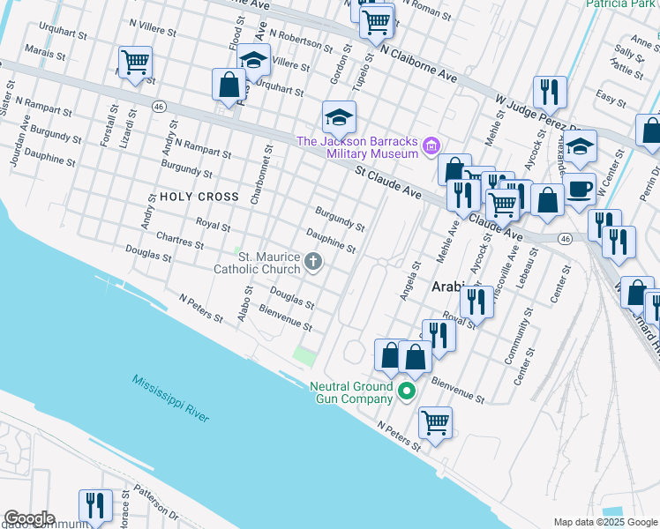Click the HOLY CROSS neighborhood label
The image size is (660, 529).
[x=199, y=197]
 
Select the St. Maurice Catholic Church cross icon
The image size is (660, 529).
[x=313, y=261]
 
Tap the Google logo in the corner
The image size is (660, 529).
[x=29, y=518]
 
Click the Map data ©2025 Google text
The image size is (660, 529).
[x=604, y=522]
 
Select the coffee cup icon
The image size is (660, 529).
[x=580, y=189]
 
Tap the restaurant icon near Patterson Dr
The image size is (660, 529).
[x=95, y=505]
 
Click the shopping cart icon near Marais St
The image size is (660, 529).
[x=135, y=62]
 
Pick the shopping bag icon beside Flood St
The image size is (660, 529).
[x=229, y=85]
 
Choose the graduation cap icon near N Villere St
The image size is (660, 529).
[x=253, y=60]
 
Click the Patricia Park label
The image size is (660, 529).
[x=621, y=4]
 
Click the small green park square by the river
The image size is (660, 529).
[x=304, y=357]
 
